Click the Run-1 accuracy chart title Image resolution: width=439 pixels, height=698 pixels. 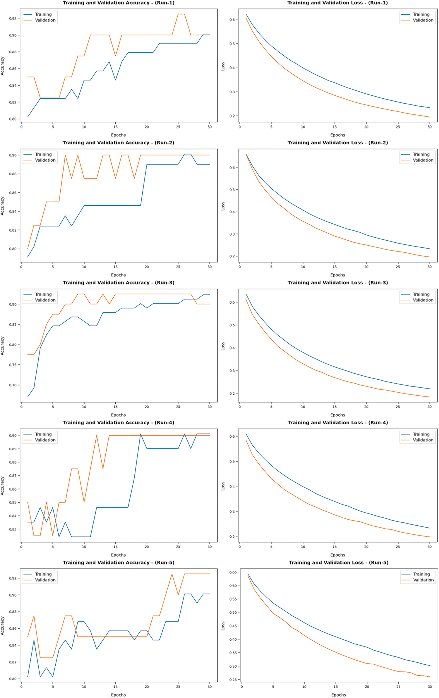pyautogui.click(x=119, y=3)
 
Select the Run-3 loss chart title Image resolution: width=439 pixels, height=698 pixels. pyautogui.click(x=337, y=283)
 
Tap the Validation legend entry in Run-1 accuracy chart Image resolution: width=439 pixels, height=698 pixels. pyautogui.click(x=45, y=20)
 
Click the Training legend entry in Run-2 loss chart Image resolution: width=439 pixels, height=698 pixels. pyautogui.click(x=421, y=154)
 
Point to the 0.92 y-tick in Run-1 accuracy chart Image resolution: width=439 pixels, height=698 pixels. pyautogui.click(x=13, y=18)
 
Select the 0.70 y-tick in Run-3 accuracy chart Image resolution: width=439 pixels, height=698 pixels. pyautogui.click(x=13, y=385)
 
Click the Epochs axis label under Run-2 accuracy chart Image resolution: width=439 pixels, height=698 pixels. pyautogui.click(x=118, y=275)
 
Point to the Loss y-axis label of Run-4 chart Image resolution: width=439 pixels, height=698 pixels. pyautogui.click(x=223, y=486)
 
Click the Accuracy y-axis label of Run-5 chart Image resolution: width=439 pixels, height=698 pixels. pyautogui.click(x=3, y=626)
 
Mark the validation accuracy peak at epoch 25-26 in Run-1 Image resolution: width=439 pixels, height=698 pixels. pyautogui.click(x=181, y=14)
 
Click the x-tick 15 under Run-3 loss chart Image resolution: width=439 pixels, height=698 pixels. pyautogui.click(x=335, y=407)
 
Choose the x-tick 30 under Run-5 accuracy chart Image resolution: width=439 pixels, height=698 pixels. pyautogui.click(x=210, y=686)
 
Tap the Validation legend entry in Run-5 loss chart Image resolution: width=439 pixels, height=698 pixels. pyautogui.click(x=423, y=580)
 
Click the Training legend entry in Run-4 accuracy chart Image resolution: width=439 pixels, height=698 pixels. pyautogui.click(x=43, y=434)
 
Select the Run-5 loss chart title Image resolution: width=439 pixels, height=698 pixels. pyautogui.click(x=339, y=562)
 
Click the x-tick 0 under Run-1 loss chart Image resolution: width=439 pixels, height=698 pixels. pyautogui.click(x=240, y=127)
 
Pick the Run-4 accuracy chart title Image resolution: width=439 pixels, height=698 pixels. pyautogui.click(x=118, y=423)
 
